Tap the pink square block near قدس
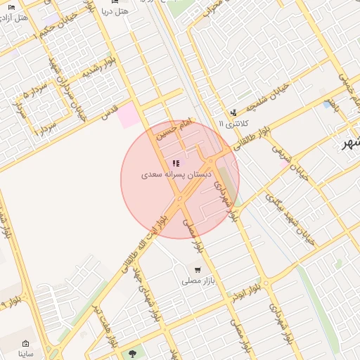(x=129, y=115)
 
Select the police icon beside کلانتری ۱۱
(x=233, y=112)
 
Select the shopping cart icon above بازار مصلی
(x=198, y=270)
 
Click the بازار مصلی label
(x=198, y=281)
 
